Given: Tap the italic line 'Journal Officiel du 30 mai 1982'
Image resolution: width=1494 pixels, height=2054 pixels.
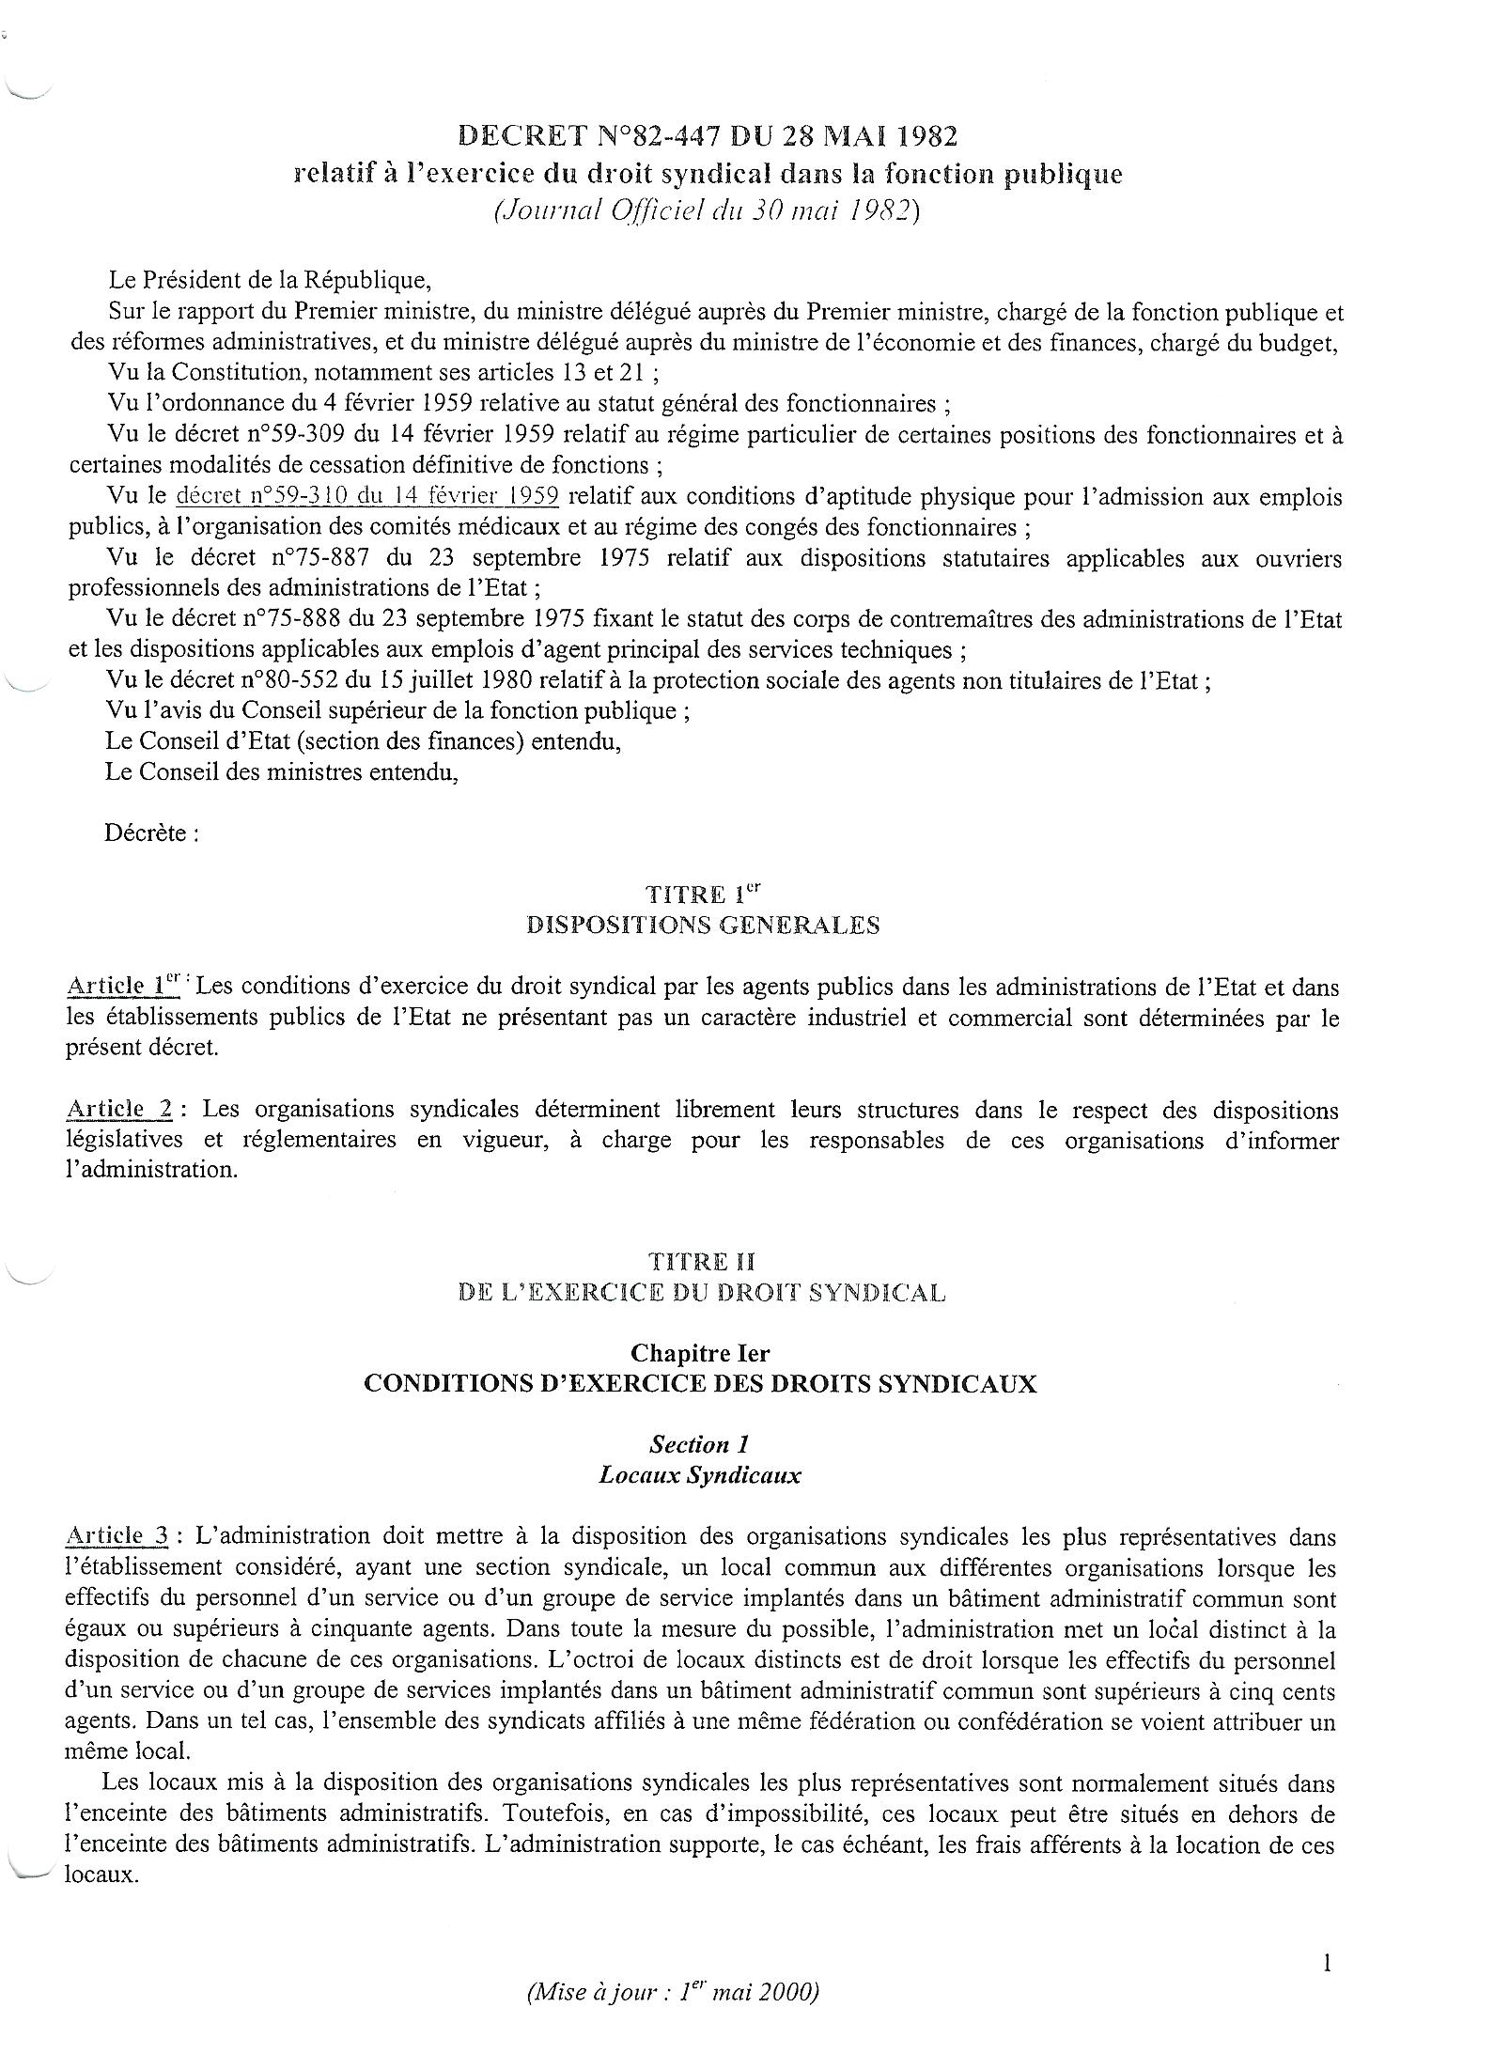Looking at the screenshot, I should (707, 211).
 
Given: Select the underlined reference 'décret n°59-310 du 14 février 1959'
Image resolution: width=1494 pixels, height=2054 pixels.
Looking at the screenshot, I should (368, 496).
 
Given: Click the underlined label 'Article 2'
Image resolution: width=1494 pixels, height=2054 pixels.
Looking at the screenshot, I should (119, 1109).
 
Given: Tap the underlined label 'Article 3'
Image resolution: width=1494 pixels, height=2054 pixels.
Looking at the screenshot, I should (117, 1536).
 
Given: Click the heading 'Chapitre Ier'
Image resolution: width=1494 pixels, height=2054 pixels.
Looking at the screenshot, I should (700, 1353).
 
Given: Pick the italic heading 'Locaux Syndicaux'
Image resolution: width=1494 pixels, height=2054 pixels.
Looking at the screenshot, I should (700, 1474).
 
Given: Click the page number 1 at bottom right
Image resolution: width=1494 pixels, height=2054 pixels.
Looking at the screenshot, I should (1328, 1962).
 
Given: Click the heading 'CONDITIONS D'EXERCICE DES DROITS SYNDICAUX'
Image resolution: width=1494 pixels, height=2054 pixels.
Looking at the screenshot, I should (700, 1384).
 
